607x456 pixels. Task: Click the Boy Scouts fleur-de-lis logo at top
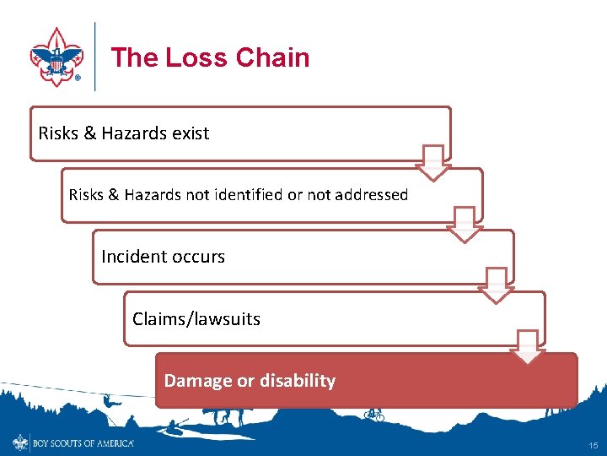56,56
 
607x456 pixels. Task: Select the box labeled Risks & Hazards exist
240,133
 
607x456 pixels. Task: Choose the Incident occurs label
163,257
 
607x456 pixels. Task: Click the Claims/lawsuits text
196,319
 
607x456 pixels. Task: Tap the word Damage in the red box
198,381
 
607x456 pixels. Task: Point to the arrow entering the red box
529,347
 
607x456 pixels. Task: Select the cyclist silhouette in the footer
373,414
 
